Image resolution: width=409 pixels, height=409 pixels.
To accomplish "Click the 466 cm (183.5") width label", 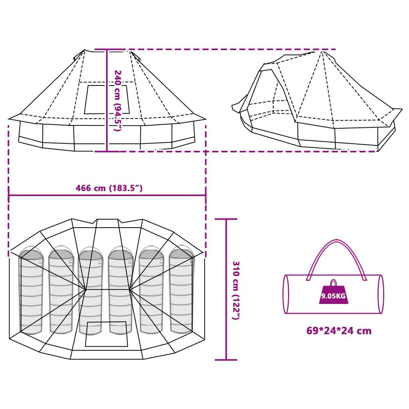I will pos(109,188).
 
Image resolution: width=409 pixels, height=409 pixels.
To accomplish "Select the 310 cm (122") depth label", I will pos(236,290).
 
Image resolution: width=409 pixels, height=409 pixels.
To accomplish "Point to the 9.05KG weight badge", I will pos(333,294).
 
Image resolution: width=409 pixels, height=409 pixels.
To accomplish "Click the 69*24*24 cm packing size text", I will pos(339,331).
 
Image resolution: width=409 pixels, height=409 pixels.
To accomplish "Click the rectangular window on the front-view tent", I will pos(106,99).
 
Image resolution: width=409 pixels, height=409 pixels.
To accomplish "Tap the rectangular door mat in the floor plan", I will pos(107,334).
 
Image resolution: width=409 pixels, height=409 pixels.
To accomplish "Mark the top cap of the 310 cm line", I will pos(226,219).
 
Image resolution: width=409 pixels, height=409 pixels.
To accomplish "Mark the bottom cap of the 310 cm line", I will pos(226,359).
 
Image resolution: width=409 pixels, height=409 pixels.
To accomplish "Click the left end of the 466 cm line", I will pos(9,195).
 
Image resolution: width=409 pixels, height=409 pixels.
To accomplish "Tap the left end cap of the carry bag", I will pos(286,294).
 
